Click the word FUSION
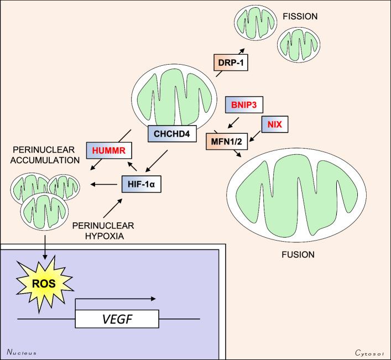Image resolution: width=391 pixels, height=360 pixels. pos(295,255)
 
